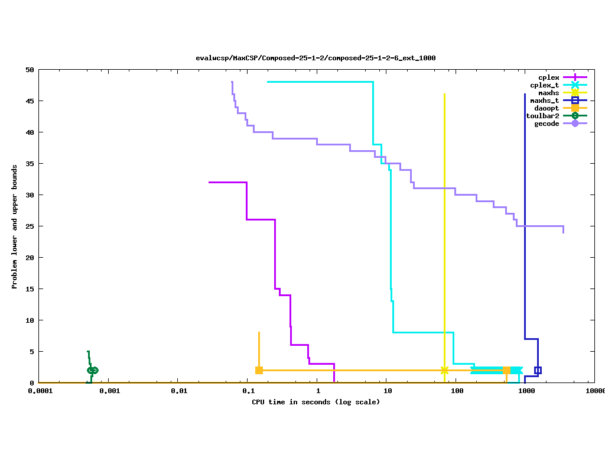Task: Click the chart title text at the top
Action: coord(315,58)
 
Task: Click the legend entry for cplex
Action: coord(549,77)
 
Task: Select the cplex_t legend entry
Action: coord(545,85)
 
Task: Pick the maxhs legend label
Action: coord(549,93)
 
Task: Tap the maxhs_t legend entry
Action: coord(545,100)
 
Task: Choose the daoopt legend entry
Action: coord(547,108)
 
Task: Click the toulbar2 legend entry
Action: coord(542,116)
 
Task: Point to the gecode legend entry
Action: coord(547,124)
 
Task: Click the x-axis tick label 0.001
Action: coord(109,391)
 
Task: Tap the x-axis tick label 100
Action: coord(457,391)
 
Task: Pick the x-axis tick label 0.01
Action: coord(178,391)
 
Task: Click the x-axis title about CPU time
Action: coord(315,403)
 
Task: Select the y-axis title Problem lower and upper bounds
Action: coord(15,227)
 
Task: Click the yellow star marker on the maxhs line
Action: coord(444,371)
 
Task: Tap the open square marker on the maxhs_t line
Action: coord(538,371)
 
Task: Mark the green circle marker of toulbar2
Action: coord(92,370)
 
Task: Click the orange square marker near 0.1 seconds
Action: coord(259,371)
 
